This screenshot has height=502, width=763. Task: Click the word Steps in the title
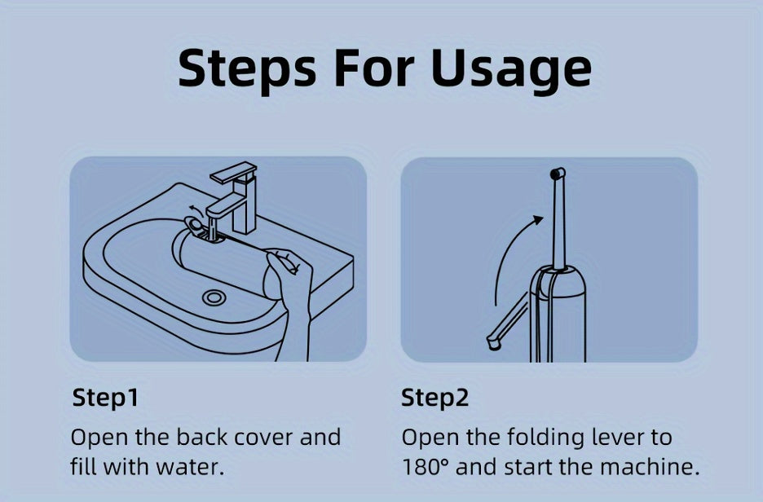pyautogui.click(x=247, y=68)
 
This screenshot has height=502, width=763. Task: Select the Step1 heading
pyautogui.click(x=106, y=399)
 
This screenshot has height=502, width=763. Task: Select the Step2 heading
pyautogui.click(x=435, y=399)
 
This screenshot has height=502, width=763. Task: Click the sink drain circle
pyautogui.click(x=214, y=297)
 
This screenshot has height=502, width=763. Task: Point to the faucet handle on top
pyautogui.click(x=233, y=172)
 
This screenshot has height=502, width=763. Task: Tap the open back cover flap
pyautogui.click(x=194, y=226)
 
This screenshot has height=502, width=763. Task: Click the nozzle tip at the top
pyautogui.click(x=558, y=174)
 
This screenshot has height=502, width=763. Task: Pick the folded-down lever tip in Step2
pyautogui.click(x=493, y=343)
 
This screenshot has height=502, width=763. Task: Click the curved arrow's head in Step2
pyautogui.click(x=537, y=220)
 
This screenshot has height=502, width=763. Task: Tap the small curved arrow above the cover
pyautogui.click(x=196, y=210)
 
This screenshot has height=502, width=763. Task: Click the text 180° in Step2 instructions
pyautogui.click(x=425, y=466)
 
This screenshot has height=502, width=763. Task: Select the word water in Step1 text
pyautogui.click(x=190, y=467)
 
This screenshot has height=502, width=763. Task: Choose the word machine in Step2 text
pyautogui.click(x=649, y=466)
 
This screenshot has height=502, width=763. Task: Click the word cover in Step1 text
pyautogui.click(x=264, y=438)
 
